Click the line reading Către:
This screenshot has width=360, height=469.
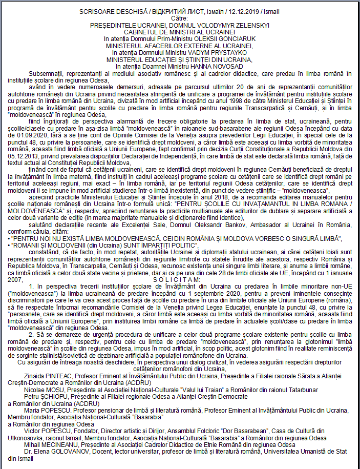click(x=180, y=18)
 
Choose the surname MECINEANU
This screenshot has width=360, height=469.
click(x=62, y=444)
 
